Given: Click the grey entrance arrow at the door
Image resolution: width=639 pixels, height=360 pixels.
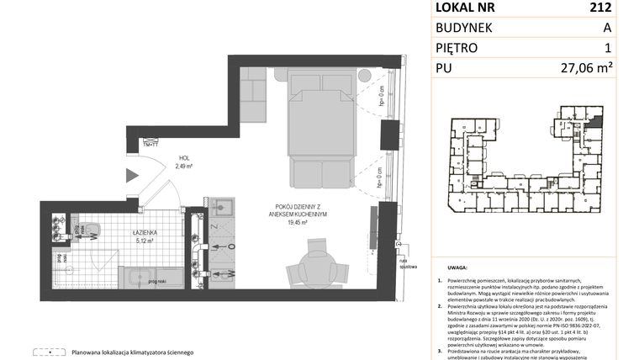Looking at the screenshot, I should (x=130, y=176).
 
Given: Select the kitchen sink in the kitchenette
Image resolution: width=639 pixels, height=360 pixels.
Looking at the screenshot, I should (x=223, y=207).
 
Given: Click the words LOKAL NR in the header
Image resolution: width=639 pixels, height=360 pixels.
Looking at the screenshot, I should (x=465, y=8).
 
